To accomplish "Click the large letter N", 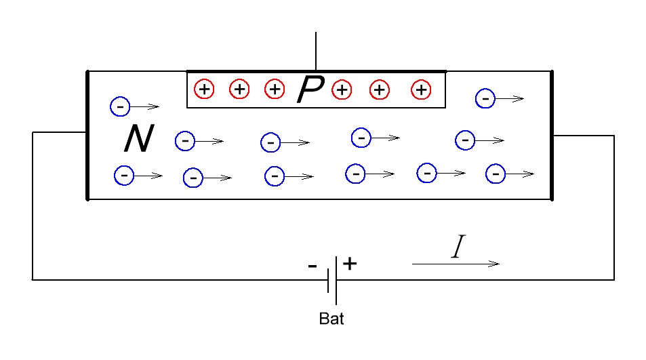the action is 139,138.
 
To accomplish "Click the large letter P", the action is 310,89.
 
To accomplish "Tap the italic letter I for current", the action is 458,246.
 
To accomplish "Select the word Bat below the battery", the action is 331,319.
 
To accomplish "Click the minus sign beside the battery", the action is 312,266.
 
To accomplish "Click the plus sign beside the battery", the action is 350,263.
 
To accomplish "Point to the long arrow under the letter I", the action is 456,264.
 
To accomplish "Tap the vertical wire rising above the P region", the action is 316,51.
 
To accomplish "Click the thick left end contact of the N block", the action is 87,135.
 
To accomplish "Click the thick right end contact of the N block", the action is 552,135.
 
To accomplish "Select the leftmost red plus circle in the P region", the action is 204,89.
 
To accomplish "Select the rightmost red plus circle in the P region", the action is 421,89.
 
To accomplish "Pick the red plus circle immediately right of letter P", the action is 342,89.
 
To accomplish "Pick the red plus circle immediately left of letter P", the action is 275,89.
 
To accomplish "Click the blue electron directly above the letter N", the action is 120,106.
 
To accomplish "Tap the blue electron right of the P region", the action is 485,98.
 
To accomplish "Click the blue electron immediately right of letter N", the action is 185,141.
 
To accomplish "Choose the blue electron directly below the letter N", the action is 124,176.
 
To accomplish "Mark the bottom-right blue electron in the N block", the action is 496,174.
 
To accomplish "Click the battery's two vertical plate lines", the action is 332,281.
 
